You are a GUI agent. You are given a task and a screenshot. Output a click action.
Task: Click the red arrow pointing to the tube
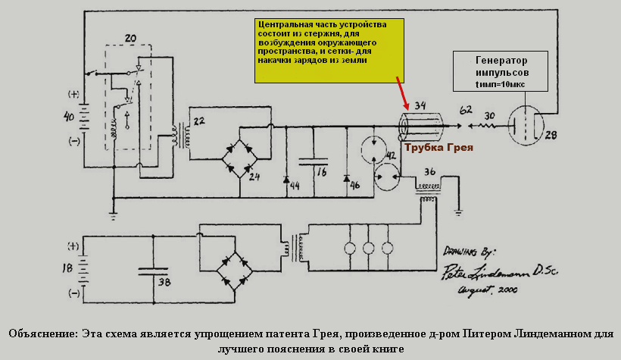point(401,93)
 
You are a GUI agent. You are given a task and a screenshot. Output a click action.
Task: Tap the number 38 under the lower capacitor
point(163,281)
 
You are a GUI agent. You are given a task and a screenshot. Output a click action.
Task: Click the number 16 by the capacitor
point(322,173)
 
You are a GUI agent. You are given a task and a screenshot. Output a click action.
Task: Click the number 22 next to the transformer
point(199,121)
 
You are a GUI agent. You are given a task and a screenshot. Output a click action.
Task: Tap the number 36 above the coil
point(429,171)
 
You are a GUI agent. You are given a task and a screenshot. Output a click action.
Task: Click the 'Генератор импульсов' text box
point(501,73)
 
